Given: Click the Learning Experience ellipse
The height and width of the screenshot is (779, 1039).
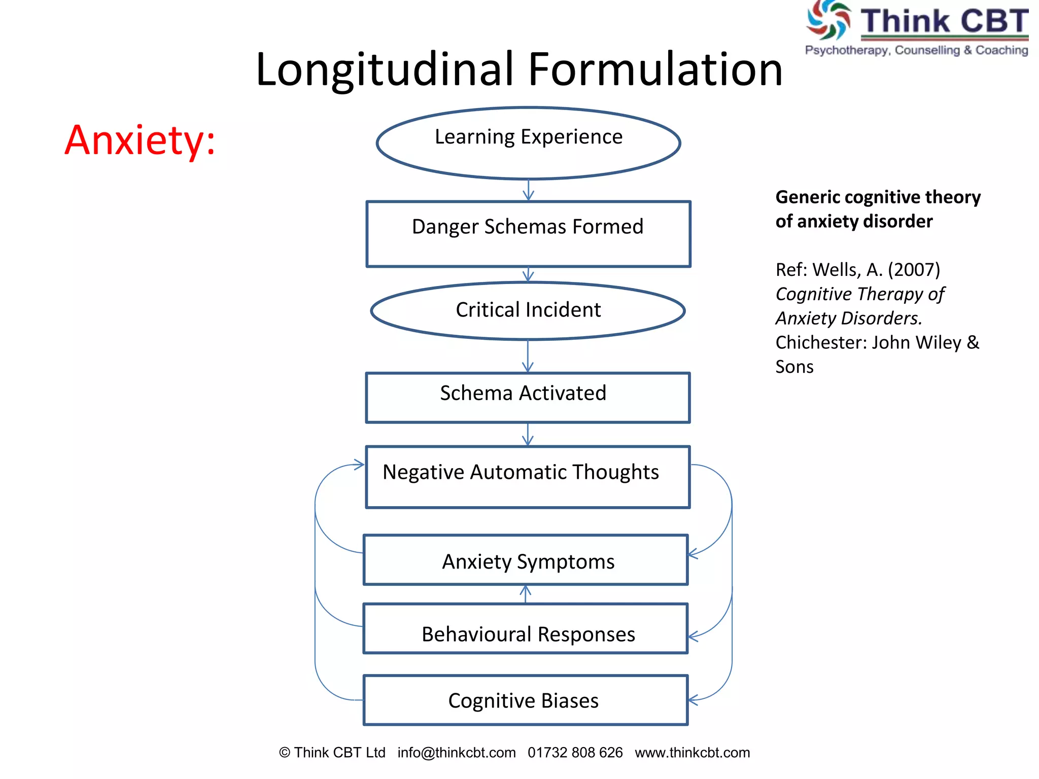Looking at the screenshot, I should (x=528, y=143).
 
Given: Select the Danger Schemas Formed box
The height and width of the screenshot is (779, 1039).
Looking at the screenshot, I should (x=528, y=234).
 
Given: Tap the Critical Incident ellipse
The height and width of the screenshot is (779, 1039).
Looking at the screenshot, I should (x=528, y=310).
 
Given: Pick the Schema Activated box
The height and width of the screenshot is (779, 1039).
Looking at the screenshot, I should (x=528, y=398).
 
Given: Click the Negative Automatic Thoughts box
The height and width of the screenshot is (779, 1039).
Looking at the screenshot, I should (x=528, y=477).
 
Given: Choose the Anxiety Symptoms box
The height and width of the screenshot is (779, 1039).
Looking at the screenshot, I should (x=526, y=560).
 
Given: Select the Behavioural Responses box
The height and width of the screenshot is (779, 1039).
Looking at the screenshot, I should (x=526, y=629).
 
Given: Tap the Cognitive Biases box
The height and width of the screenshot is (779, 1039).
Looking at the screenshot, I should (x=526, y=700).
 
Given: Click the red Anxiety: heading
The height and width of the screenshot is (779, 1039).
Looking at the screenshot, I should (x=140, y=140).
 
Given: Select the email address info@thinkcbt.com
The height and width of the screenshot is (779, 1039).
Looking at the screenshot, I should (x=457, y=753).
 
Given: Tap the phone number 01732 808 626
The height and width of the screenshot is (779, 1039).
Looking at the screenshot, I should (x=575, y=753).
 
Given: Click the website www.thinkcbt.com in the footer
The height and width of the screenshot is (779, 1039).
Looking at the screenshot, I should (x=692, y=753).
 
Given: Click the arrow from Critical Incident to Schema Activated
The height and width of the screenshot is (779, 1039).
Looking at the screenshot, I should (x=528, y=356).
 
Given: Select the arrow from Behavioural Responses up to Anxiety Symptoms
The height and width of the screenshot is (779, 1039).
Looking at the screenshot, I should (x=526, y=594).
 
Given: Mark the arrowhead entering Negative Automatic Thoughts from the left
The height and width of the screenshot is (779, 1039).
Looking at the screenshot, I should (x=359, y=465).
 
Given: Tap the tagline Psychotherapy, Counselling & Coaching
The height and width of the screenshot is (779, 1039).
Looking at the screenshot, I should (x=916, y=50).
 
